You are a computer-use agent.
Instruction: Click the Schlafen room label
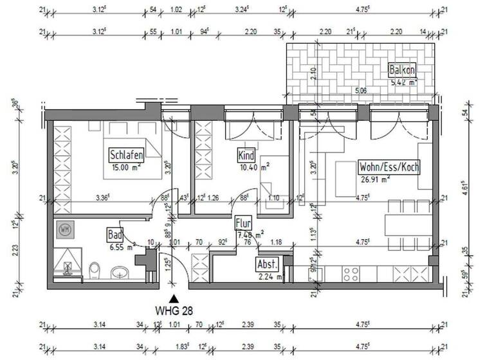pyautogui.click(x=126, y=155)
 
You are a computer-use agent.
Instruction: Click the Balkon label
pyautogui.click(x=402, y=70)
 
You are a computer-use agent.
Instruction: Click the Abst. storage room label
pyautogui.click(x=266, y=264)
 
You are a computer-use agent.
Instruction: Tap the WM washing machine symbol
pyautogui.click(x=64, y=228)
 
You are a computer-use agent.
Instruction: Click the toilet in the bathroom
pyautogui.click(x=95, y=269)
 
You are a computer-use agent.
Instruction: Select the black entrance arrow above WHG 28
pyautogui.click(x=172, y=299)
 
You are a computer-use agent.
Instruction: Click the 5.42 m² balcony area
pyautogui.click(x=403, y=82)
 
